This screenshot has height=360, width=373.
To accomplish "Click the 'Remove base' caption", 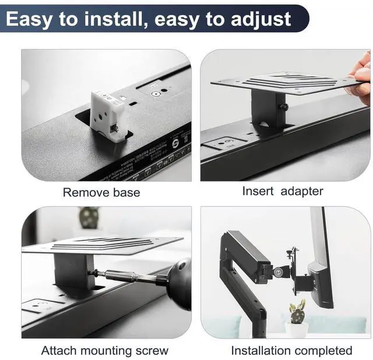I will tap(101, 192).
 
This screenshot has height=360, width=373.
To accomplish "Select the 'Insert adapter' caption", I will tap(282, 191).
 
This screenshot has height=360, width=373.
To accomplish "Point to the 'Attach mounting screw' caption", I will tap(104, 351).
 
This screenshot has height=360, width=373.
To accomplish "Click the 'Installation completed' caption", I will tap(291, 351).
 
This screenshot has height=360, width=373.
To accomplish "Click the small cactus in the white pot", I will tap(297, 313).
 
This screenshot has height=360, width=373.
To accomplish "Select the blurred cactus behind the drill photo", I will tap(89, 217).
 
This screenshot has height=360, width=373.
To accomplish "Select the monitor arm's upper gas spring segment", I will tap(248, 251).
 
